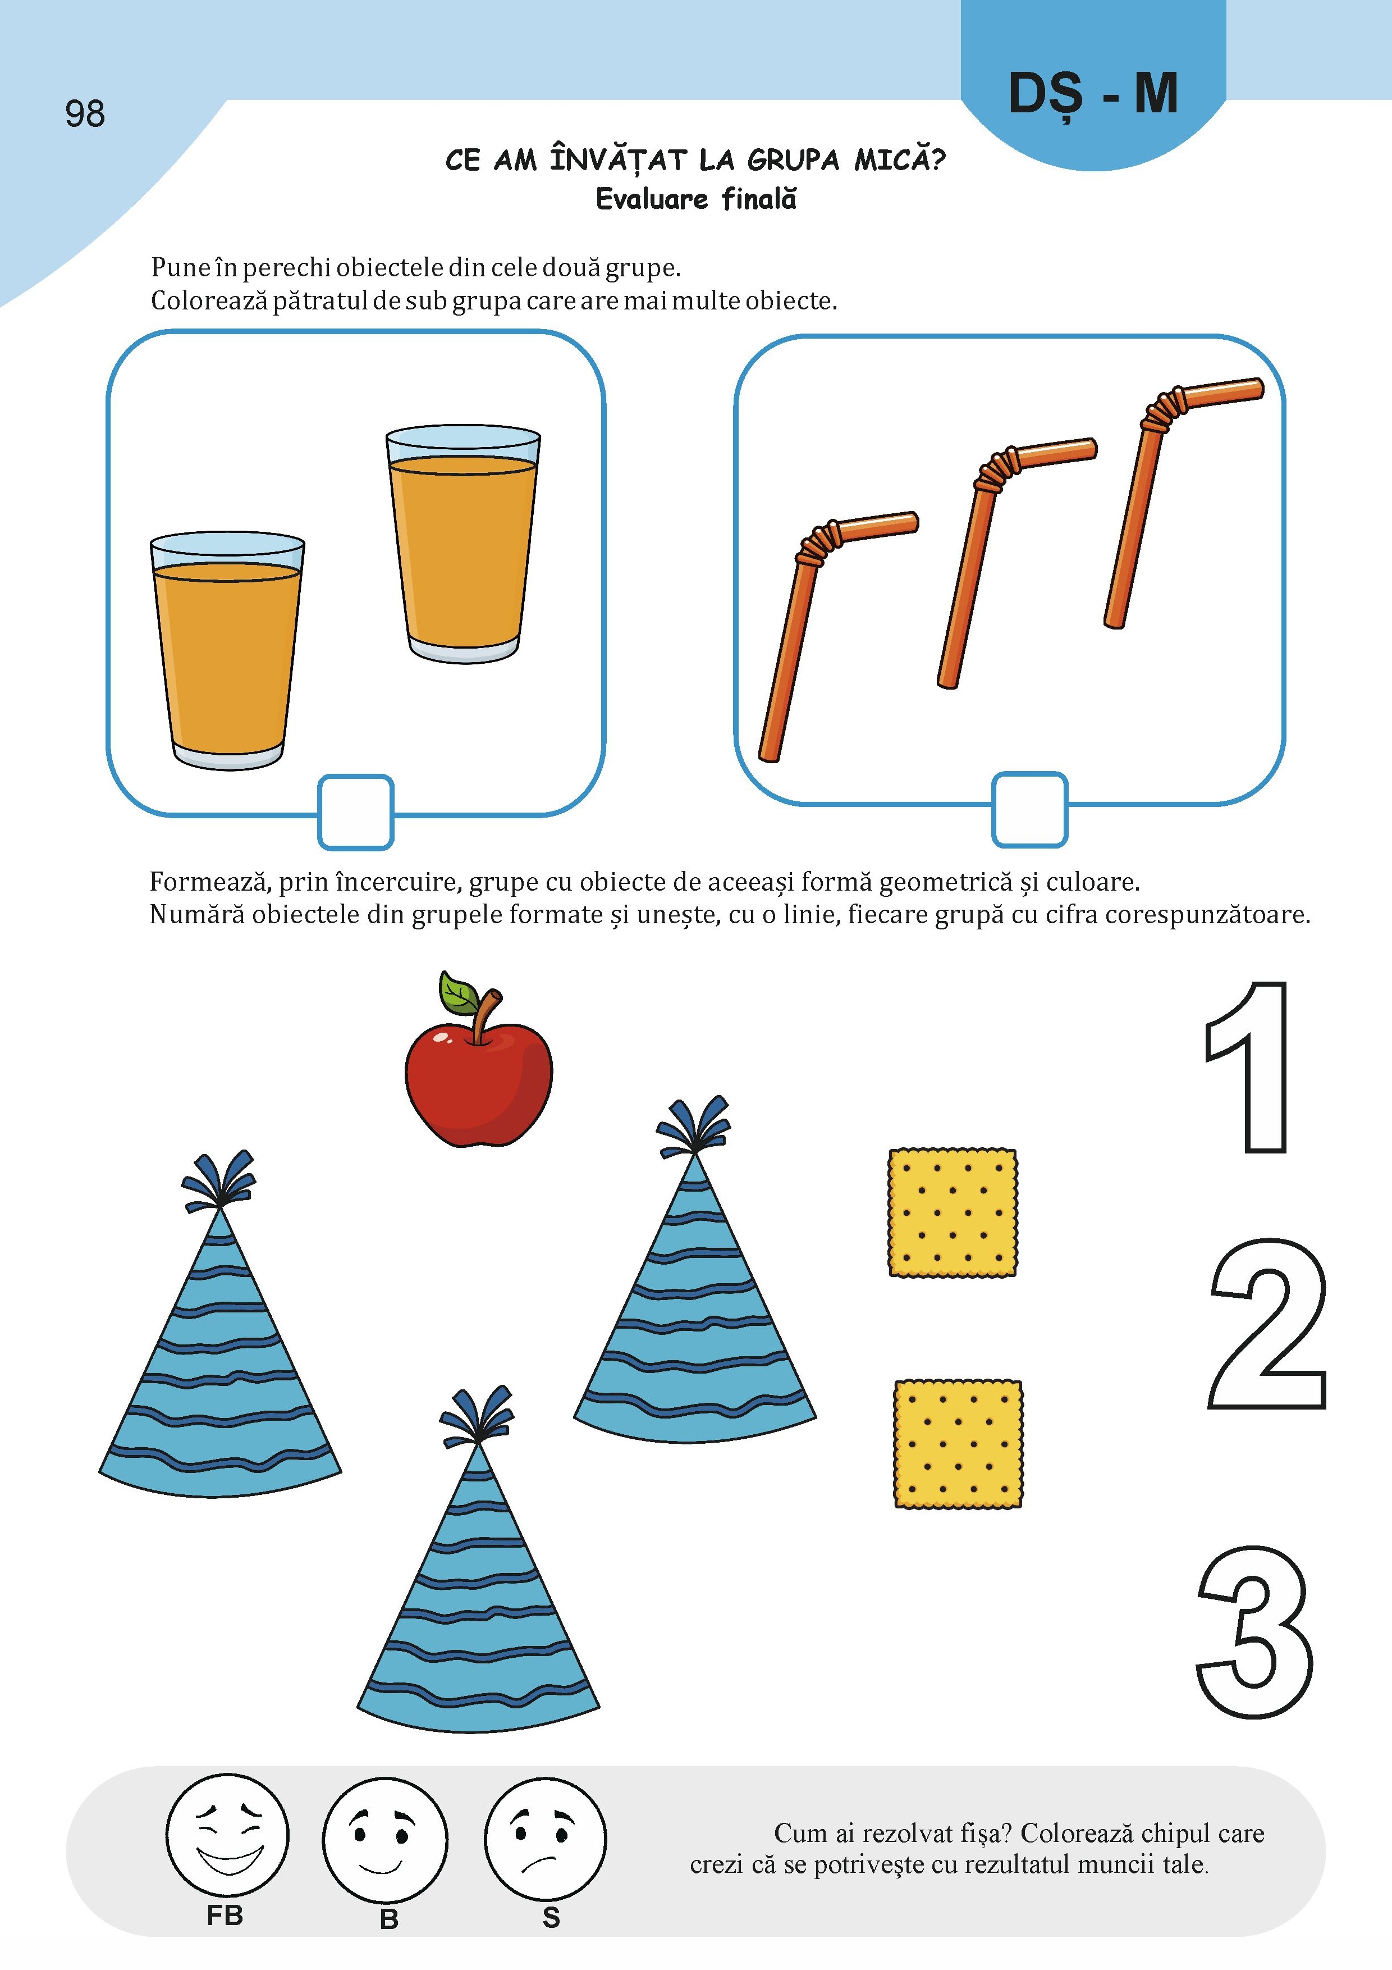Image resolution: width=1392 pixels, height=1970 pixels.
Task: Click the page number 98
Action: pyautogui.click(x=85, y=113)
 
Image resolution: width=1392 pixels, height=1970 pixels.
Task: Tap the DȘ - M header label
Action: pyautogui.click(x=1093, y=94)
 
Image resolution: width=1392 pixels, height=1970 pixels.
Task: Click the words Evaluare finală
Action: pyautogui.click(x=695, y=199)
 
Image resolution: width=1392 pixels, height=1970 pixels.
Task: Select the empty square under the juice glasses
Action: pyautogui.click(x=356, y=811)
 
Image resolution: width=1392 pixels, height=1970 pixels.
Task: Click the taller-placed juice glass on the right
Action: pyautogui.click(x=463, y=543)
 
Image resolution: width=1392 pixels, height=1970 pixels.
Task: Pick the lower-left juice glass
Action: pyautogui.click(x=227, y=650)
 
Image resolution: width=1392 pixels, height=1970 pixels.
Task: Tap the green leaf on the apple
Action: pyautogui.click(x=459, y=993)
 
